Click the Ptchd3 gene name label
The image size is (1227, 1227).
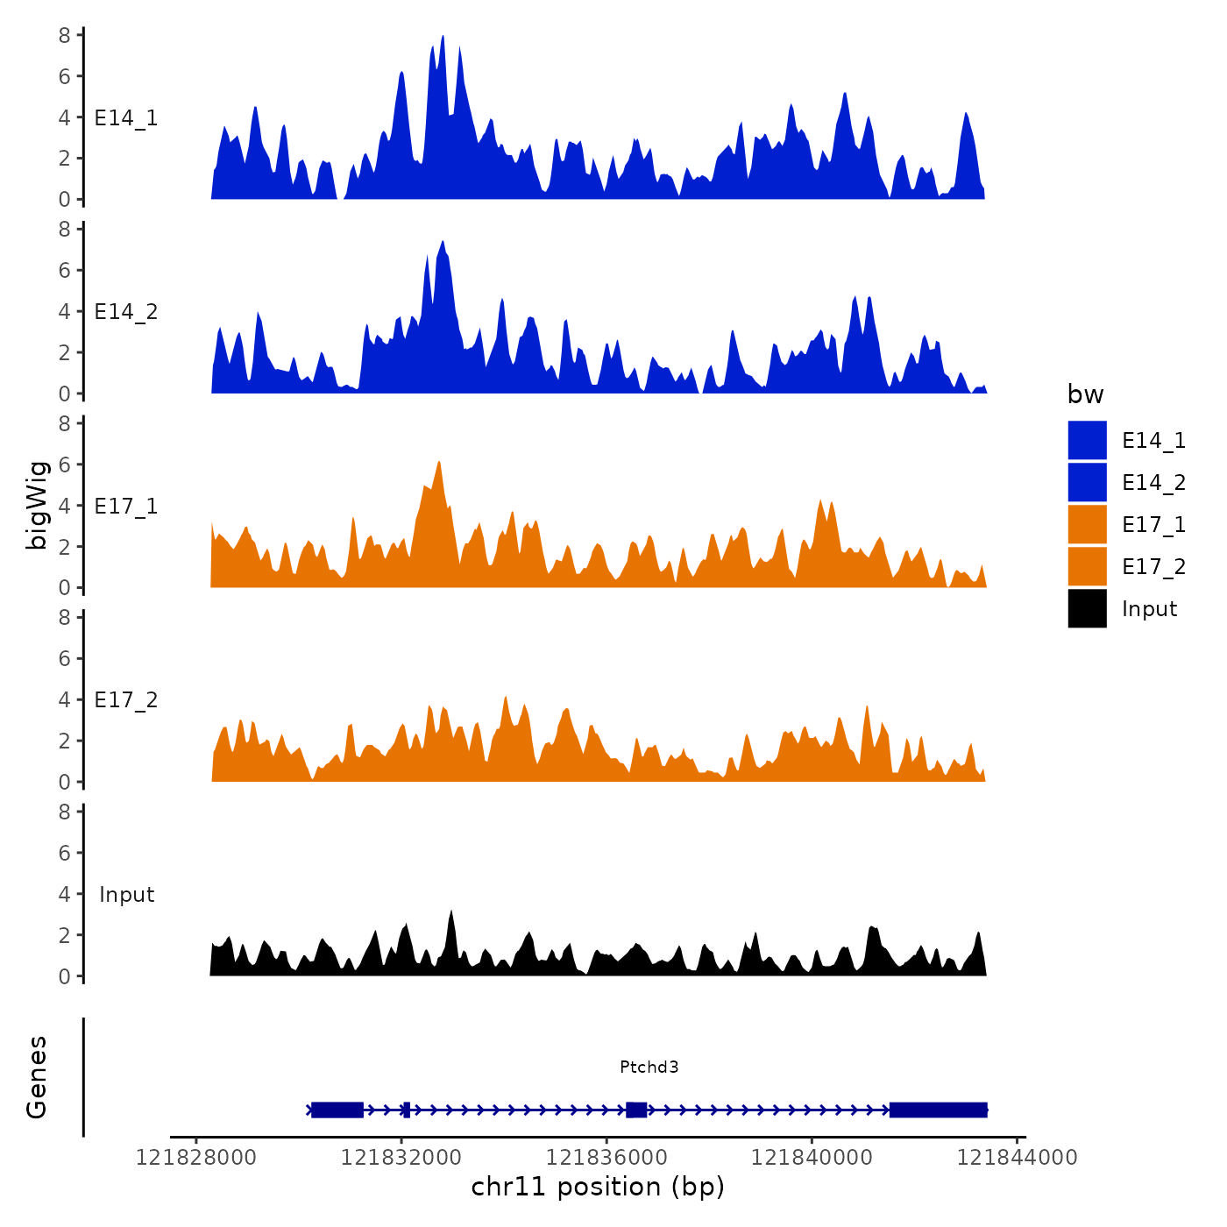coord(649,1067)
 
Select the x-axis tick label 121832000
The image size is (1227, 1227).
coord(401,1158)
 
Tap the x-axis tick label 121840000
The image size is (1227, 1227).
coord(812,1158)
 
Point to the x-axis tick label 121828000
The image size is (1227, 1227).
coord(196,1158)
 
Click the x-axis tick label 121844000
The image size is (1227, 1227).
coord(1017,1158)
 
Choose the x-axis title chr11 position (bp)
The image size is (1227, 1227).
coord(598,1187)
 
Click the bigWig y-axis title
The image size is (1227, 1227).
coord(37,505)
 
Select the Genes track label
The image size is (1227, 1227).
coord(37,1077)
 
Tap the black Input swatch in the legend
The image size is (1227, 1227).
coord(1087,608)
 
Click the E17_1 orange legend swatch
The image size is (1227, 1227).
coord(1087,524)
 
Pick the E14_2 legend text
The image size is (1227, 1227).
coord(1153,483)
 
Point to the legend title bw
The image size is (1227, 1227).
coord(1085,394)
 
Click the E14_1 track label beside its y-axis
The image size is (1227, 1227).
coord(126,118)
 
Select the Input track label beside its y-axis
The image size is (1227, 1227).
coord(126,895)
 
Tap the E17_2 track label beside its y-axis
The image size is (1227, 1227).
coord(126,700)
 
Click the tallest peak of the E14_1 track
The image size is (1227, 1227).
coord(443,38)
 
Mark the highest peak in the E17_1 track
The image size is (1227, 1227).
coord(438,463)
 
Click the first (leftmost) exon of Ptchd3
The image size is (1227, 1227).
coord(337,1110)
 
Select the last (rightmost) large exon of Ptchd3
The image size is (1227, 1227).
coord(938,1110)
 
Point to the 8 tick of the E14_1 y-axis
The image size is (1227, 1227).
coord(65,35)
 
